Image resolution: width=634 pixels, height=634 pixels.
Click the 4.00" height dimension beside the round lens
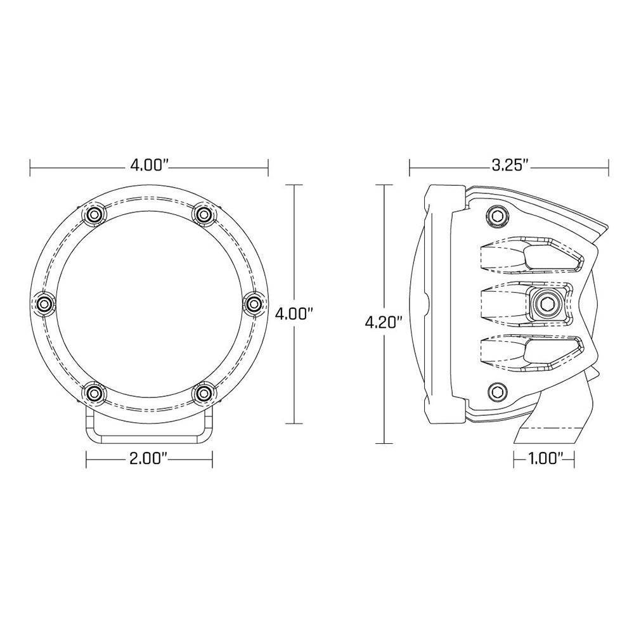(295, 313)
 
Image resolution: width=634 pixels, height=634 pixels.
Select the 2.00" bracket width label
(149, 458)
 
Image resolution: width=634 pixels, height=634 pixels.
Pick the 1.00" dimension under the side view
(543, 458)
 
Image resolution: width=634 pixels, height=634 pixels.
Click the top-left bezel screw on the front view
(94, 215)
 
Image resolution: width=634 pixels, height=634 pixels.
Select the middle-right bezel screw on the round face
(253, 304)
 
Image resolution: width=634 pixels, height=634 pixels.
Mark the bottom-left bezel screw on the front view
(94, 394)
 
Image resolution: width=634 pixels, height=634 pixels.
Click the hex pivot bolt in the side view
(545, 305)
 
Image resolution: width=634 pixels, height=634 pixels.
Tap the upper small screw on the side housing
(495, 217)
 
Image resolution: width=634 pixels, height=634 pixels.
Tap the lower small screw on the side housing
(495, 392)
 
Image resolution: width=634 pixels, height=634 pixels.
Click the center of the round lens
(149, 304)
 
